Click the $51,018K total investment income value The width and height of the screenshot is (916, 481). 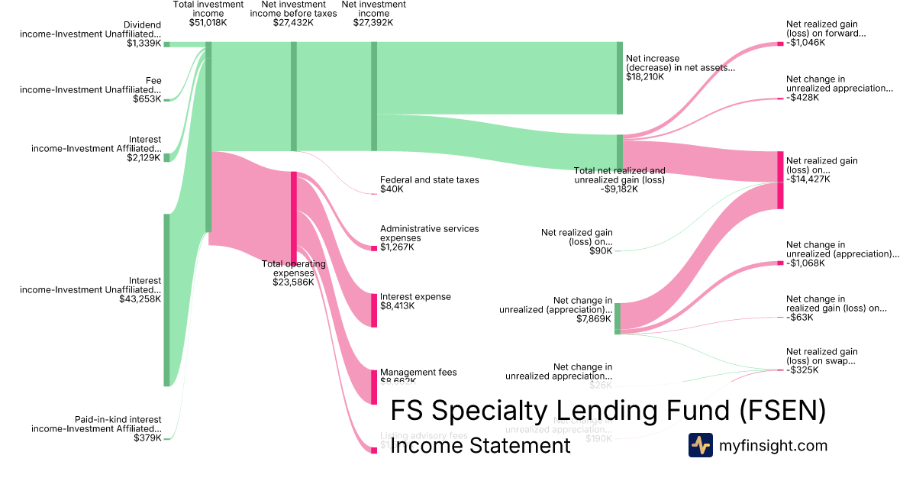tap(208, 23)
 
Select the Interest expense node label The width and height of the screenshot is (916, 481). tap(415, 296)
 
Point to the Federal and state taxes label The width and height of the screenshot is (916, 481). tap(429, 180)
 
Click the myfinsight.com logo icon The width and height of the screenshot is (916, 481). tap(700, 445)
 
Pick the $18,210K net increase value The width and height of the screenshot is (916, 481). tap(645, 76)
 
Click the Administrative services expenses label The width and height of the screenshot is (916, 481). tap(429, 233)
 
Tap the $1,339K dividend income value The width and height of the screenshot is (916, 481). tap(144, 44)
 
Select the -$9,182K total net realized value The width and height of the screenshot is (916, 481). tap(619, 189)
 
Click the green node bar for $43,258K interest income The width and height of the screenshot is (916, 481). tap(167, 300)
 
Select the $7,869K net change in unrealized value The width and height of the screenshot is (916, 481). tap(594, 319)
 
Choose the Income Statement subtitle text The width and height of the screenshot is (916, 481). tap(480, 445)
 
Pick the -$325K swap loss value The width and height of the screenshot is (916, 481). tap(802, 370)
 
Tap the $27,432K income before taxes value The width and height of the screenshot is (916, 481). tap(294, 23)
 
